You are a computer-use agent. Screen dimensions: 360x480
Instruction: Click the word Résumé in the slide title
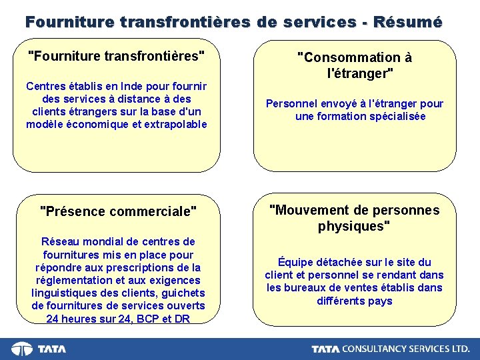(407, 21)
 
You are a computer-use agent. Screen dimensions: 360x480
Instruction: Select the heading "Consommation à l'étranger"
(355, 65)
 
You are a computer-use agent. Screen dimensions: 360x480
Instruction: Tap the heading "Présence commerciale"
(119, 211)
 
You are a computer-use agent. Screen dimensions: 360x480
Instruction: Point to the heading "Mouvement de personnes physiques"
(354, 218)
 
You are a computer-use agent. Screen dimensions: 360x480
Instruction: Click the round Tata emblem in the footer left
(22, 349)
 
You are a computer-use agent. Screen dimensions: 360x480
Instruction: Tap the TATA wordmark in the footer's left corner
(51, 349)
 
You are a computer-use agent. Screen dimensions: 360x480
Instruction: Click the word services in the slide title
(319, 21)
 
